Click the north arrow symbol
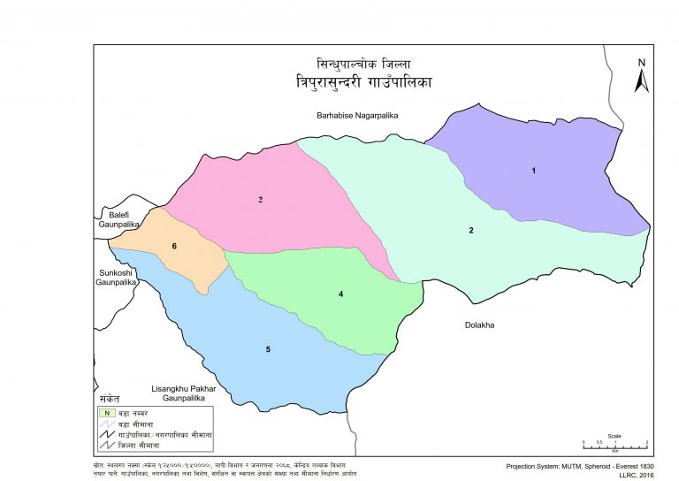643,75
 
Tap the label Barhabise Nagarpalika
359,116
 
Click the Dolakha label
479,324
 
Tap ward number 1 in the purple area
533,170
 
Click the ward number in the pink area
261,200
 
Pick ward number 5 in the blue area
268,350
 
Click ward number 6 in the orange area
175,246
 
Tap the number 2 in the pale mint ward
471,231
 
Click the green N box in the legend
106,413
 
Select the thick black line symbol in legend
106,437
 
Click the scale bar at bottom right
614,446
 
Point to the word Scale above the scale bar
614,435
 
